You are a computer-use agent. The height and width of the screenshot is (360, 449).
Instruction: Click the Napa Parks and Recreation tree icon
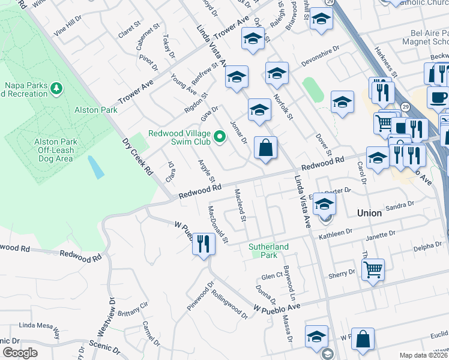click(56, 89)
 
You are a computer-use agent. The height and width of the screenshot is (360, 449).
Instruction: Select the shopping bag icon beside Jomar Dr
click(265, 148)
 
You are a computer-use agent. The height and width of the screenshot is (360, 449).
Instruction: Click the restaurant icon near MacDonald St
click(203, 244)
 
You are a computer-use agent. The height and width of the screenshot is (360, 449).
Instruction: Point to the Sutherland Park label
click(269, 251)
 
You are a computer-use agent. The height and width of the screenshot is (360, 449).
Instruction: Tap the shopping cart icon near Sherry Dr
click(373, 269)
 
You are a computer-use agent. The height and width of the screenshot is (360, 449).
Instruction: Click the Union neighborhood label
click(369, 213)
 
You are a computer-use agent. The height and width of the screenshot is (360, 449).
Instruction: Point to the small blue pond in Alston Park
click(95, 167)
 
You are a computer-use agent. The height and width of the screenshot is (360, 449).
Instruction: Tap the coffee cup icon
click(438, 97)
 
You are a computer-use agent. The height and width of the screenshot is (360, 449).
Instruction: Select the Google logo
click(20, 353)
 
